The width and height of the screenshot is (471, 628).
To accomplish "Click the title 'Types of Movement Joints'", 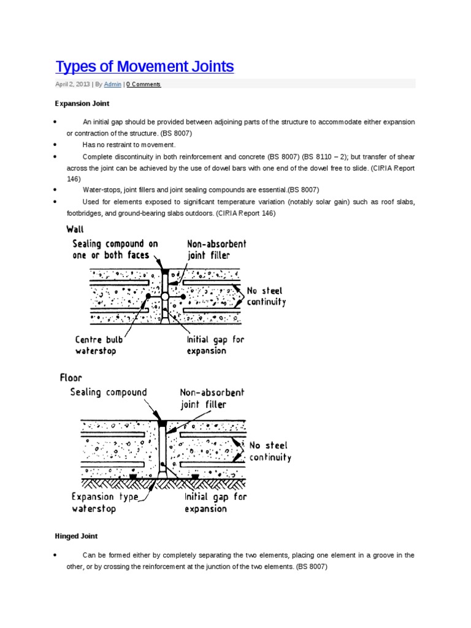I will click(145, 66).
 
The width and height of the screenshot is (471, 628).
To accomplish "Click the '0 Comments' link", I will click(144, 85).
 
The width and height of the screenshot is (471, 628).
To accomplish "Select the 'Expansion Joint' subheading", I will click(82, 104).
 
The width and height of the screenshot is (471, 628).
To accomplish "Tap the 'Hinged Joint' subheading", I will click(77, 536).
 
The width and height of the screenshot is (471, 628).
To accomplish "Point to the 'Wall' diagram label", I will click(75, 229).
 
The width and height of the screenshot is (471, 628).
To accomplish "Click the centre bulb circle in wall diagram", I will click(164, 296).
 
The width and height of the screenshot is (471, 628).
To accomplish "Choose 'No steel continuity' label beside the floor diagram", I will click(270, 451).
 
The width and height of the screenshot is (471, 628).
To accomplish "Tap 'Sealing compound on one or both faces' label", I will click(115, 249).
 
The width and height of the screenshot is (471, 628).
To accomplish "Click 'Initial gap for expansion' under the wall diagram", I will click(216, 345).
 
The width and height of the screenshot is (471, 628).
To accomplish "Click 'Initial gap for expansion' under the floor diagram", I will click(215, 502).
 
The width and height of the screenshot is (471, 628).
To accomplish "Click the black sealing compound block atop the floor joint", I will click(162, 423).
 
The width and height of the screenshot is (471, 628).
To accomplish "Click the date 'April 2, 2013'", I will click(72, 85).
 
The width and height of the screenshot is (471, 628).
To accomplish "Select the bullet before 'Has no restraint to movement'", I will click(56, 145).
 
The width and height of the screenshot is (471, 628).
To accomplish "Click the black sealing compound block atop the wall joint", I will click(164, 270).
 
